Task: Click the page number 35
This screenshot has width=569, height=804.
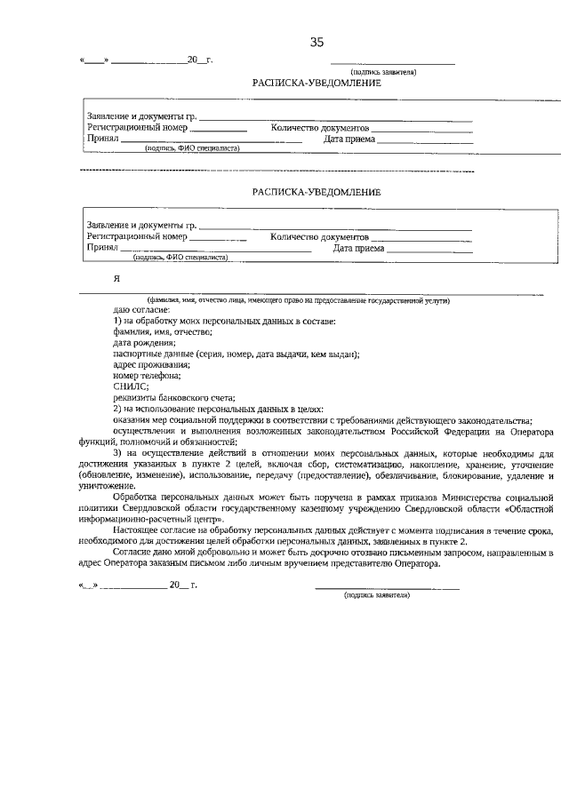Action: point(317,42)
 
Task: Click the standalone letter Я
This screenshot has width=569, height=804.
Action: point(116,278)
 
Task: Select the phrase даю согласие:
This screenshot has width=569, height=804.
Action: point(135,309)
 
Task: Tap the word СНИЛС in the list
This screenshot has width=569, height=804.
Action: point(128,386)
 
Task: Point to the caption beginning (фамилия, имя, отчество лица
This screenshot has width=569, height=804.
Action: point(298,299)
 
